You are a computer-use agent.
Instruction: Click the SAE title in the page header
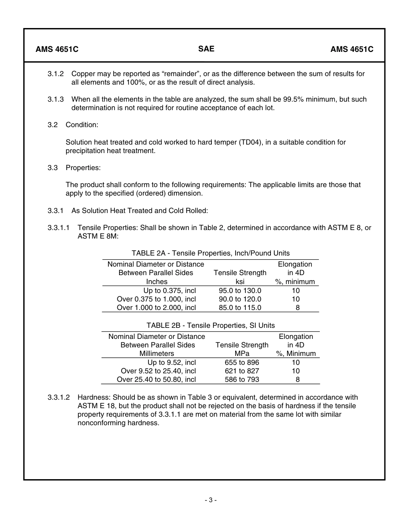tap(206, 49)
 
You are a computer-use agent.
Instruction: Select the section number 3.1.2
tap(56, 74)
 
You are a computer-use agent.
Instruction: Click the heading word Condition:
tap(82, 125)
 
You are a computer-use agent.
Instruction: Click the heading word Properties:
tap(83, 168)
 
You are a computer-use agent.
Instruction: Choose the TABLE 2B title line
tap(211, 325)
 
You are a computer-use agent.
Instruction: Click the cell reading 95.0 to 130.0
tap(240, 291)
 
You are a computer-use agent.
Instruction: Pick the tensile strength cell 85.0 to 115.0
tap(240, 308)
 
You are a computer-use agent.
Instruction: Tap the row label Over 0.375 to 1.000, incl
tap(156, 299)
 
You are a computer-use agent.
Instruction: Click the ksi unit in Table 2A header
tap(240, 281)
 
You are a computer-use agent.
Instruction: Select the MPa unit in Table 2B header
tap(242, 353)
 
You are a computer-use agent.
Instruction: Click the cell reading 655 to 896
tap(242, 363)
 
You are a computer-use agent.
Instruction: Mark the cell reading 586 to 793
tap(242, 380)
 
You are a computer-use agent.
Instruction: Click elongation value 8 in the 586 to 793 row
tap(298, 380)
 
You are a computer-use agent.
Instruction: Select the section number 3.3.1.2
tap(59, 398)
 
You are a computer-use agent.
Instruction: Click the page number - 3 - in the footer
tap(211, 500)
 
